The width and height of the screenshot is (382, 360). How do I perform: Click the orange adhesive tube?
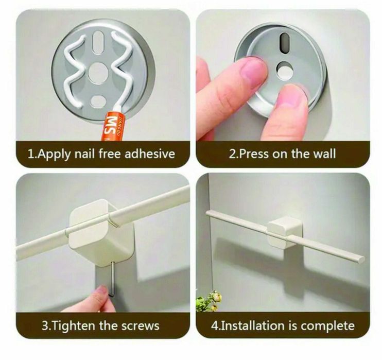coord(113,126)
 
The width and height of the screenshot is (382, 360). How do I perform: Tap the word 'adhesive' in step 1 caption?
coord(150,154)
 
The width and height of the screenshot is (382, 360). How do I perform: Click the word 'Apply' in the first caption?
coord(54,155)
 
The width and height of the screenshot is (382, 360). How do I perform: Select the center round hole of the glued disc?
coord(98,73)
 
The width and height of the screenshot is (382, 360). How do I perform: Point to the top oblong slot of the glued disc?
coord(98,42)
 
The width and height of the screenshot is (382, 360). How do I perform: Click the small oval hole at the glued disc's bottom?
coord(98,101)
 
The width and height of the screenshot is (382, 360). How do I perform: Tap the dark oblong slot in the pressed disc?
coord(284,41)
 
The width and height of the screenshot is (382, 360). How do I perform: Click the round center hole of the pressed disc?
coord(285,71)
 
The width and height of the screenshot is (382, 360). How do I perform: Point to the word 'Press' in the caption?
coord(255,154)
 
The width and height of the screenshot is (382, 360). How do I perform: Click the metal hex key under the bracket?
coord(112,279)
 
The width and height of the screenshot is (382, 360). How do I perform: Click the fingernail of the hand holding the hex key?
coord(102,289)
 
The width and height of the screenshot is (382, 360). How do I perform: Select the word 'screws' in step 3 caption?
coord(141,325)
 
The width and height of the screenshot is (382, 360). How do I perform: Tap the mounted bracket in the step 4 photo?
coord(285,232)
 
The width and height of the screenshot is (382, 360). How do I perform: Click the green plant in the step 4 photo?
coord(209,301)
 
